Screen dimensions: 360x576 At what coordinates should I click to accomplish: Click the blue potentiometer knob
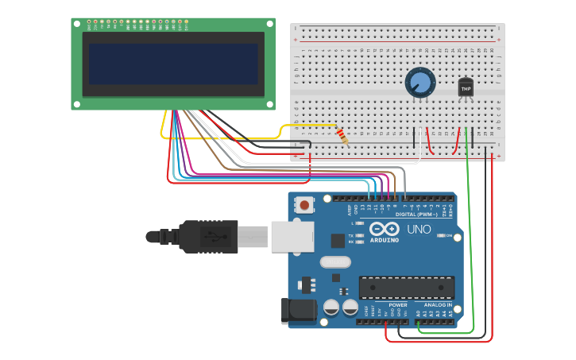[x=420, y=82]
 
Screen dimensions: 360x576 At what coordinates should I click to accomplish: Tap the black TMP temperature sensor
[x=466, y=88]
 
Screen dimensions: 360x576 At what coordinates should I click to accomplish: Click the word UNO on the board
[x=419, y=230]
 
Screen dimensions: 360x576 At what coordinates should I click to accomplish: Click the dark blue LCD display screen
[x=173, y=64]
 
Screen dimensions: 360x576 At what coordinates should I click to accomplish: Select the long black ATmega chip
[x=407, y=288]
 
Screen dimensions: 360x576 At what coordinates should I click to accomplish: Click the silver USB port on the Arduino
[x=292, y=236]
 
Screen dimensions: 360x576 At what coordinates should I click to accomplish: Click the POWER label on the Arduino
[x=397, y=304]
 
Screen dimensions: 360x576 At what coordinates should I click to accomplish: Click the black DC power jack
[x=298, y=311]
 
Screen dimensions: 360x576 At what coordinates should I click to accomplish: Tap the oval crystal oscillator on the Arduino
[x=334, y=261]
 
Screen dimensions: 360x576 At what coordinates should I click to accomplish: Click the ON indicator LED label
[x=450, y=236]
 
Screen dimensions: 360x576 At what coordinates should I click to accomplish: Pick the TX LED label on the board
[x=350, y=235]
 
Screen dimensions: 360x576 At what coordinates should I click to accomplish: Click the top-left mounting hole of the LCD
[x=77, y=25]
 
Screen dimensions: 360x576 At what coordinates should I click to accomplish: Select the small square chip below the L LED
[x=338, y=239]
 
